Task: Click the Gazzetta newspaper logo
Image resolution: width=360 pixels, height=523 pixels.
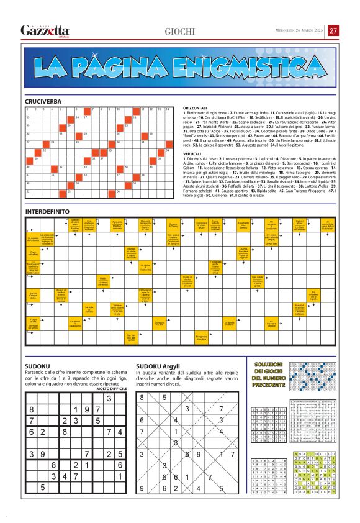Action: [x=45, y=30]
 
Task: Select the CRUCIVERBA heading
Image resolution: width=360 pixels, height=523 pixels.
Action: [x=43, y=101]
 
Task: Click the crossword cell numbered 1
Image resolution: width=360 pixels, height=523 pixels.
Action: [x=28, y=111]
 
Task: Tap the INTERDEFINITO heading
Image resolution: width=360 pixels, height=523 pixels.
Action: [x=48, y=212]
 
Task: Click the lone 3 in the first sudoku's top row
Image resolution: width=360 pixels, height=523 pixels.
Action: [x=109, y=398]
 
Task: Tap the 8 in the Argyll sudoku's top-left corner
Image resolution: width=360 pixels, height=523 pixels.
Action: [x=142, y=398]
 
